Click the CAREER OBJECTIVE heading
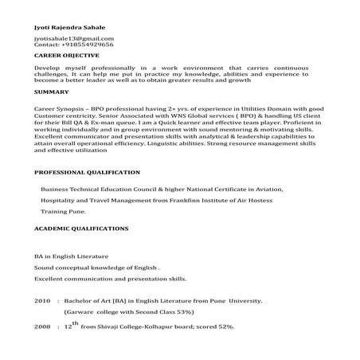tap(67, 57)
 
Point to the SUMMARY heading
tap(50, 92)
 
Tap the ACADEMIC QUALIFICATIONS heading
tap(82, 228)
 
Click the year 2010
tap(42, 303)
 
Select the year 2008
tap(42, 327)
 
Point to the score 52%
tap(225, 327)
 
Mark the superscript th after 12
tap(76, 321)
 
